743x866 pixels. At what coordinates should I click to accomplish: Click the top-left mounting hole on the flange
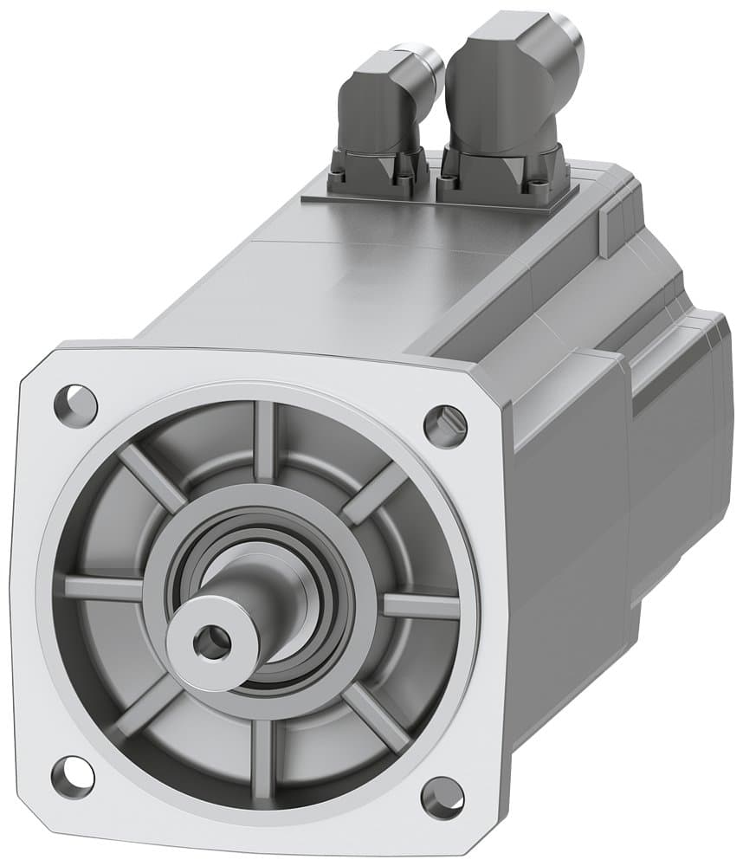click(75, 402)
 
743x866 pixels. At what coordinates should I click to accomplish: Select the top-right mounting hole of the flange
click(445, 423)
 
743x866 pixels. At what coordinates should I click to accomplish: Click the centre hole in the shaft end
click(211, 642)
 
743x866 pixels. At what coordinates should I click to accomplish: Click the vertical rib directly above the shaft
click(264, 442)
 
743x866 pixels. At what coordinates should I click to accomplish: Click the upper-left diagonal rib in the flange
click(152, 477)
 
